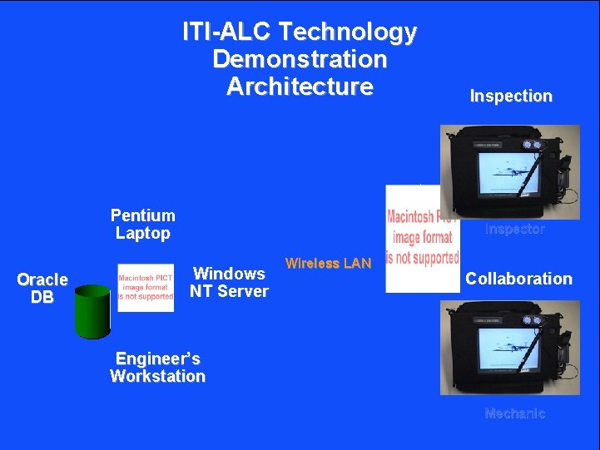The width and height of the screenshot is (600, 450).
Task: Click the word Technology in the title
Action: pos(347,32)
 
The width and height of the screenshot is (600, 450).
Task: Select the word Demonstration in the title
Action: pos(300,59)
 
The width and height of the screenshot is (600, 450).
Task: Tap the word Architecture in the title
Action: pos(300,87)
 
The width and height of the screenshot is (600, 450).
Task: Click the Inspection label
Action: pos(511,96)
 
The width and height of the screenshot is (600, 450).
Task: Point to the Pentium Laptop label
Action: pos(143,225)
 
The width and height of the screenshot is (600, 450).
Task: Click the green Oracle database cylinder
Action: pos(92,311)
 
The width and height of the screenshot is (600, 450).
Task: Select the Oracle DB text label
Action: pos(42,288)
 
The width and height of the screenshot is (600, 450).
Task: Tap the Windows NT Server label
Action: pos(229,282)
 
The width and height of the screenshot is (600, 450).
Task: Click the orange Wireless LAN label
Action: pos(328,264)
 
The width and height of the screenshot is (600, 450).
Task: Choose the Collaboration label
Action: pos(518,279)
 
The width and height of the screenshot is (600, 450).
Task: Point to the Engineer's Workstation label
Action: pos(157,367)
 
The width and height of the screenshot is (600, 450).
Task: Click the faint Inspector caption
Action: pos(515,229)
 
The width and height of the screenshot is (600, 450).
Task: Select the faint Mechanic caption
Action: pos(514,413)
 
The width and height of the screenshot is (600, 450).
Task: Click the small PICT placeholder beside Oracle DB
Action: pos(146,288)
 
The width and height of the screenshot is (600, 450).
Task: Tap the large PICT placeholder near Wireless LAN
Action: pos(423,239)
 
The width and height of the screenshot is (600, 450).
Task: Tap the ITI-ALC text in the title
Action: pos(227,32)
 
